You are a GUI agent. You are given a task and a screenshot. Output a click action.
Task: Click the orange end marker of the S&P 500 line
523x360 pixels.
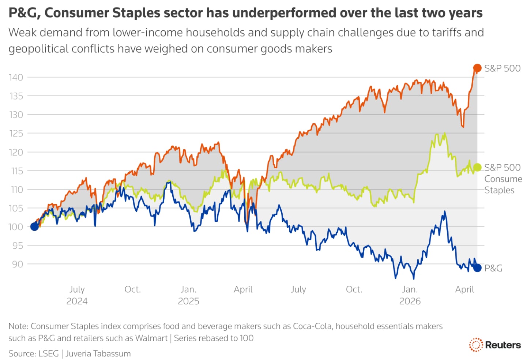tap(477, 68)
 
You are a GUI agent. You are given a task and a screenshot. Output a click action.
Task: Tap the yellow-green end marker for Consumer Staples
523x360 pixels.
tap(477, 167)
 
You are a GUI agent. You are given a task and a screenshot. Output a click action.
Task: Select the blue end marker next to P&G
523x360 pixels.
tap(477, 268)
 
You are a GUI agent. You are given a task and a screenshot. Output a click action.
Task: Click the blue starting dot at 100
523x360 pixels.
tap(34, 226)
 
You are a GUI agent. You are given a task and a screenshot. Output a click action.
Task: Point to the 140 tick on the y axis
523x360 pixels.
tap(16, 77)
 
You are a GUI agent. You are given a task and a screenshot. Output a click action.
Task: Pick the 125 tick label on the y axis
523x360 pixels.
tap(16, 133)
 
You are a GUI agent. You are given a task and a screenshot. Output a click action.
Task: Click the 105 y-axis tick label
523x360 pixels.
tap(16, 208)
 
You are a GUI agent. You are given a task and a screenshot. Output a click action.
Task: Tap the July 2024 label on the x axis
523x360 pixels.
tap(77, 295)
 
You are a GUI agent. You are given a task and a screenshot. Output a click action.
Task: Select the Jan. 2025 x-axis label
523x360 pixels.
tap(188, 295)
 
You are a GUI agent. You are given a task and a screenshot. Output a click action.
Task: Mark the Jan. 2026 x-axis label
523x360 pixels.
tap(410, 295)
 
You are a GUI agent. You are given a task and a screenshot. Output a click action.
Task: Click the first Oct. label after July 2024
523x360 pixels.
tap(132, 289)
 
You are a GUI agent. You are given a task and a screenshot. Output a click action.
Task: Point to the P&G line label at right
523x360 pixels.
tap(493, 268)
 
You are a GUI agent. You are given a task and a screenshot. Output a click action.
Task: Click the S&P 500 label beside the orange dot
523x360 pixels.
tap(502, 68)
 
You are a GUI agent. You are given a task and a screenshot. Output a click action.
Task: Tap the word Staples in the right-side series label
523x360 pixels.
tap(499, 190)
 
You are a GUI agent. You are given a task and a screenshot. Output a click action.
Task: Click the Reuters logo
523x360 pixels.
tap(495, 345)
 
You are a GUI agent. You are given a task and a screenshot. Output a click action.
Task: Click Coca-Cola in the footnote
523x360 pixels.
tap(312, 326)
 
